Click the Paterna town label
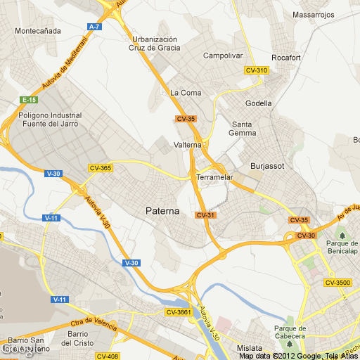(162, 210)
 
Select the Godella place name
(258, 103)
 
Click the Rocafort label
(287, 58)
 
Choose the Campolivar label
(222, 55)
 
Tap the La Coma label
(186, 93)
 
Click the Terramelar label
(214, 177)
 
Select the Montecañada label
(37, 31)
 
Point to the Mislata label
(250, 348)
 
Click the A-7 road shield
(94, 27)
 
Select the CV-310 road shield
(257, 70)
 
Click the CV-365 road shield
(101, 168)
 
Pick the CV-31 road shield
(205, 215)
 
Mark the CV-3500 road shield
(337, 283)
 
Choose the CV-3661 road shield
(179, 311)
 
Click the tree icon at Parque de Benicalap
(342, 235)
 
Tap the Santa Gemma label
(244, 129)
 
